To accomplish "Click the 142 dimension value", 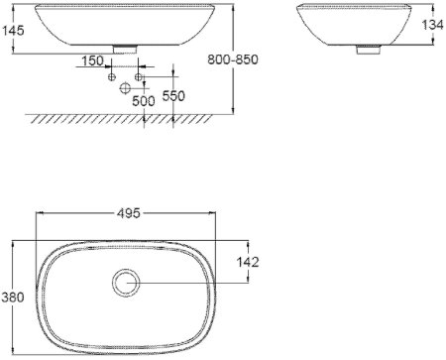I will (250, 262).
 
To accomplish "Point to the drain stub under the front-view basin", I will (127, 46).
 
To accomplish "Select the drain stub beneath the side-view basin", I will (367, 46).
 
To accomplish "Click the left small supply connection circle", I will (112, 77).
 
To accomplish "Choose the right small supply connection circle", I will (140, 77).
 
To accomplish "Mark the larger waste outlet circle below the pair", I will (126, 88).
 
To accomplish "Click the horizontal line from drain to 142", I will (188, 285).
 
